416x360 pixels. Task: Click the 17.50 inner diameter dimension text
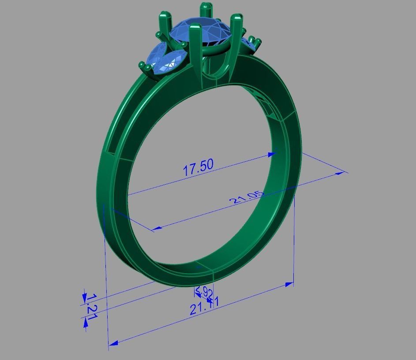tap(198, 167)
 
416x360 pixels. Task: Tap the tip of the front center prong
tap(194, 27)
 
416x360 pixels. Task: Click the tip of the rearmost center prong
tap(205, 6)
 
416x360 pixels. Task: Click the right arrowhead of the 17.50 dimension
tap(273, 154)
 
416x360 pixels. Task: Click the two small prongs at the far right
tap(255, 41)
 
